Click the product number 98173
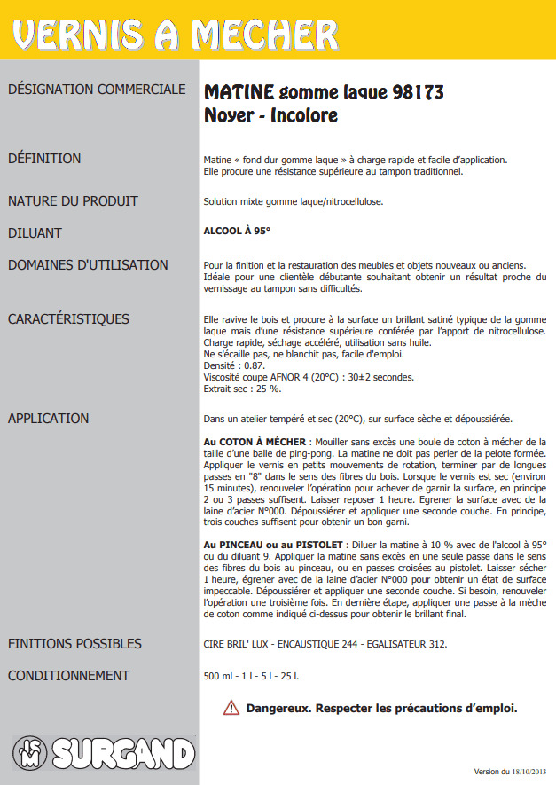tap(418, 92)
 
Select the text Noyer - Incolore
tap(270, 116)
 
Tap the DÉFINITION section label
tap(44, 159)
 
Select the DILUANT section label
tap(35, 233)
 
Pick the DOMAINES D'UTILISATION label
tap(88, 265)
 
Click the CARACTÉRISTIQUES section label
tap(68, 319)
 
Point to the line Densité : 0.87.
tap(235, 365)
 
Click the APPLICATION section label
tap(49, 419)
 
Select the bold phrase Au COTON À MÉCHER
tap(255, 442)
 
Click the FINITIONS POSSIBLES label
tap(74, 644)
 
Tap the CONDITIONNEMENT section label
tap(68, 676)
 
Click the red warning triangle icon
tap(231, 708)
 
